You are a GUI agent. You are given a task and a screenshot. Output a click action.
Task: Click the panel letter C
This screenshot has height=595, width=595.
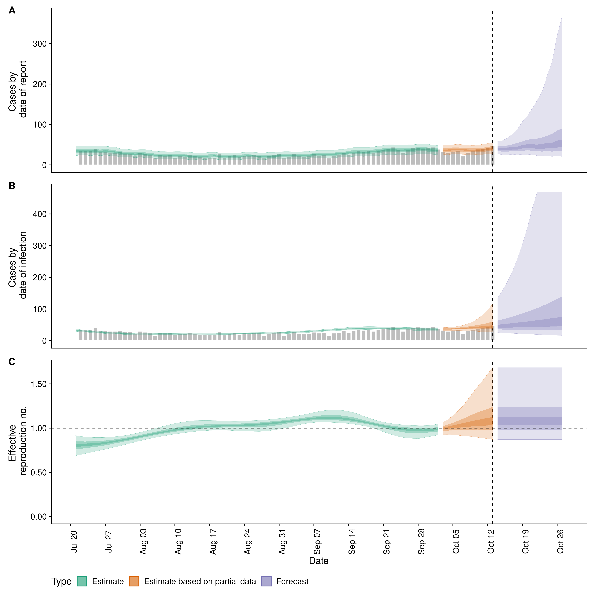click(x=12, y=362)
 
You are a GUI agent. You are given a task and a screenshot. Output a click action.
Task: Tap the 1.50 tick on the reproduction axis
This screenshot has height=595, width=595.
click(x=39, y=384)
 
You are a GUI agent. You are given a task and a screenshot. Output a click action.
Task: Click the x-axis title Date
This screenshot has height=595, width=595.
click(x=319, y=561)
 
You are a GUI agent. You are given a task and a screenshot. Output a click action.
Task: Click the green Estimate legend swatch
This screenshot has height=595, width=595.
click(x=82, y=581)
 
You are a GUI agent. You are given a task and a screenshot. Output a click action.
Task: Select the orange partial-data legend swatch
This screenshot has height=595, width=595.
click(x=134, y=581)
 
